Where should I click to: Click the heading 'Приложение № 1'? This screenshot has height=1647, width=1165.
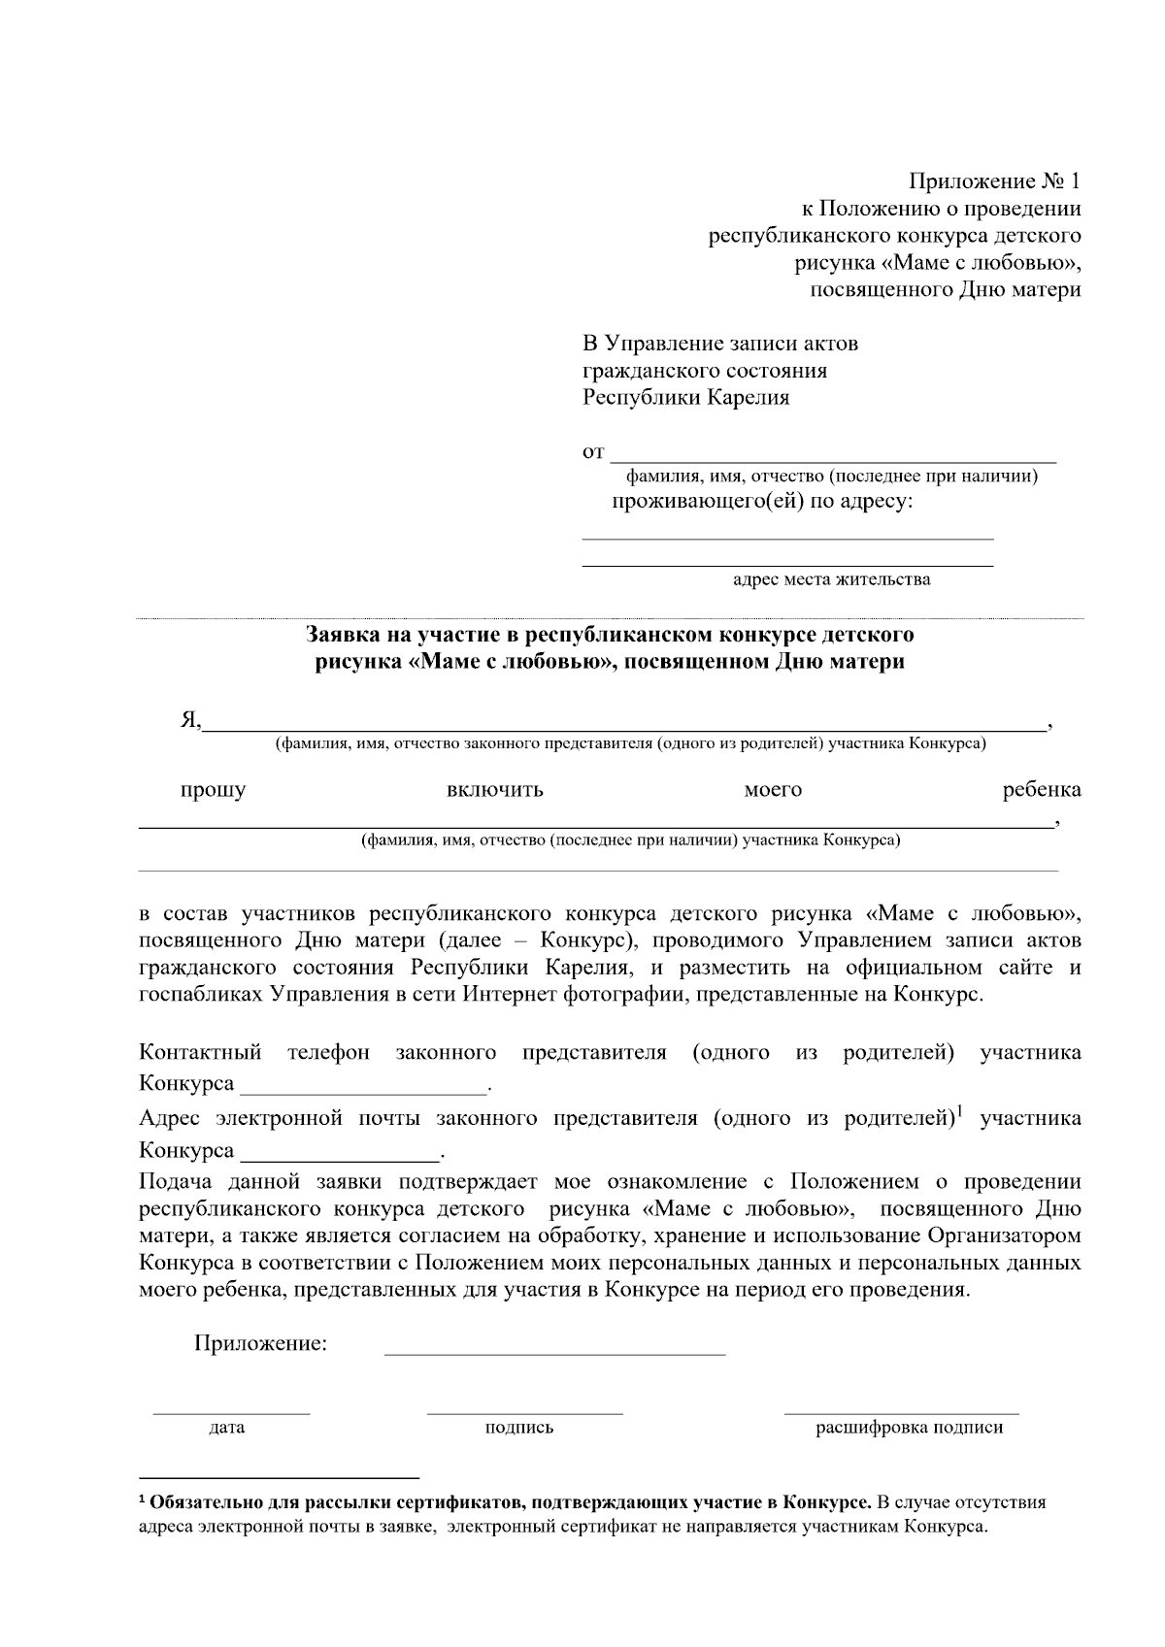(993, 181)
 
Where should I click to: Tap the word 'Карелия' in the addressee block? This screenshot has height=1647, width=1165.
(747, 398)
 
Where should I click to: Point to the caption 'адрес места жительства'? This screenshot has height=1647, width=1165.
(831, 579)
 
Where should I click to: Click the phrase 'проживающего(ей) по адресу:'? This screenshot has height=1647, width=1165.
(762, 502)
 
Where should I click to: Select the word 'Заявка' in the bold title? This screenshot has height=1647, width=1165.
(341, 636)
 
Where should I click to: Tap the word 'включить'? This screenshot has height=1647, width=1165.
(494, 790)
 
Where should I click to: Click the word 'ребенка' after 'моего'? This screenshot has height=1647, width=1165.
(1041, 790)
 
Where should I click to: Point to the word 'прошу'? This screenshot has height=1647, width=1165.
(213, 790)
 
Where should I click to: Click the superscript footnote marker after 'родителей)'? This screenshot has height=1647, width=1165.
(959, 1111)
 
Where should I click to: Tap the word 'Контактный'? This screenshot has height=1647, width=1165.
(200, 1053)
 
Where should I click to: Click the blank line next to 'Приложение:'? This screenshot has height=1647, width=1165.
(554, 1352)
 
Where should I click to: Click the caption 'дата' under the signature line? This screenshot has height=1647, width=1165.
(227, 1428)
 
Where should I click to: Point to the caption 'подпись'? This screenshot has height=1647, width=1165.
(518, 1428)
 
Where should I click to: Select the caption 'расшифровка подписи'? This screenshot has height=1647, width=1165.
(909, 1428)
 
